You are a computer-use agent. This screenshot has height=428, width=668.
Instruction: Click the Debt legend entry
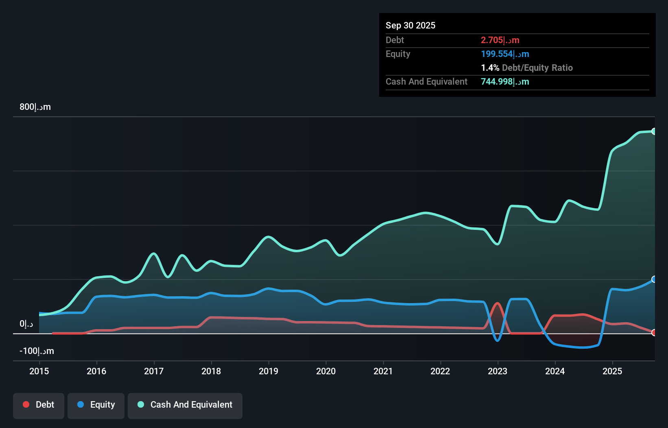39,405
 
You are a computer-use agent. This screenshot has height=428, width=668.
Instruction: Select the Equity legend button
96,405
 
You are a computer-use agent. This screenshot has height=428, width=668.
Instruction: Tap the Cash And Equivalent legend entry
185,405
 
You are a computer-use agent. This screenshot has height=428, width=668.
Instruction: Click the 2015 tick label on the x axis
39,371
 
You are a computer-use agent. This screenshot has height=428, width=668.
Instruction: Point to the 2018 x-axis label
211,371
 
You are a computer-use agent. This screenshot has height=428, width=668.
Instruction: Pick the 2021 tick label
383,371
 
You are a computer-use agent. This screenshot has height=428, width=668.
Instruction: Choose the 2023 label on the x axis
498,371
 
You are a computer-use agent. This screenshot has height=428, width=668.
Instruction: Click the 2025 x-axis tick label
612,371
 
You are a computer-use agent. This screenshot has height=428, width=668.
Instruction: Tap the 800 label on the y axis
35,107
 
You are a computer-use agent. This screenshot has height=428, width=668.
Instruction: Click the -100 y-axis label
37,351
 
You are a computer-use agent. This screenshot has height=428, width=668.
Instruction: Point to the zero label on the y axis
26,324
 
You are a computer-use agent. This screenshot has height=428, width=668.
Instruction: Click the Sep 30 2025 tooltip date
410,25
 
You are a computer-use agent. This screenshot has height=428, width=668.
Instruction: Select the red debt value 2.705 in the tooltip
500,40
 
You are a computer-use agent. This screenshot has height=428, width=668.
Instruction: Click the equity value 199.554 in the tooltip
505,54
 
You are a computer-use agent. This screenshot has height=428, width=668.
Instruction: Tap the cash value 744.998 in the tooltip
505,81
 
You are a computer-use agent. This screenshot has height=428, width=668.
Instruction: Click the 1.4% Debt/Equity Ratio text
526,68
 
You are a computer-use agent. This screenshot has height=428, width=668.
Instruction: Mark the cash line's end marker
654,131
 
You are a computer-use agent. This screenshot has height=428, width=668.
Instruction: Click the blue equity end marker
654,279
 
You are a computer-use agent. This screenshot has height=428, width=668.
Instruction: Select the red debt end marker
654,332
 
